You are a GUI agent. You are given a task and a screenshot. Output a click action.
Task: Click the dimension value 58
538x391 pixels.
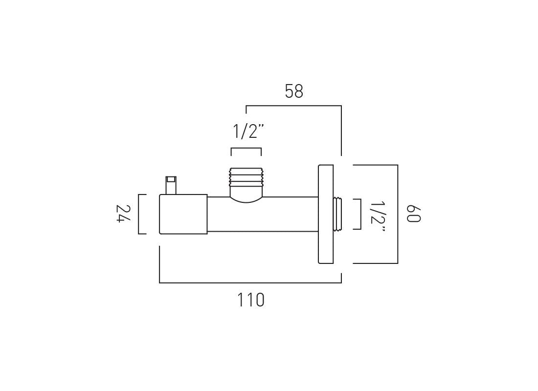tap(294, 91)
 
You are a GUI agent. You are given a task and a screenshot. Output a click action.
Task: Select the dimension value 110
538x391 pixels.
tap(251, 300)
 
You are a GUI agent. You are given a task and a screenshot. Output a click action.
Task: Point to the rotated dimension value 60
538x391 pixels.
tap(414, 214)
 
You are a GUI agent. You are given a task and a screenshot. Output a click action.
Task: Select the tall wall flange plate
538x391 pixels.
tap(326, 214)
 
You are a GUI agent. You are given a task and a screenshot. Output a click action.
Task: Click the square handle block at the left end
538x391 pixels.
tap(183, 214)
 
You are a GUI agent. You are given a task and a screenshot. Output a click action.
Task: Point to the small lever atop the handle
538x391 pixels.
tap(171, 185)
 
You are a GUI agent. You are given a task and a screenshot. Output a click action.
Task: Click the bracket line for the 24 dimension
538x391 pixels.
tap(139, 214)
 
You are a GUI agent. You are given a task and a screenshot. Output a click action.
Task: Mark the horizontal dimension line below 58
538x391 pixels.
tap(293, 106)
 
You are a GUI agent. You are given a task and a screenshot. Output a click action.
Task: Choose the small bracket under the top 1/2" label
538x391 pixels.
tap(246, 148)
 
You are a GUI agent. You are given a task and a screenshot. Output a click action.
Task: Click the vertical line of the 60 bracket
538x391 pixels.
tap(398, 214)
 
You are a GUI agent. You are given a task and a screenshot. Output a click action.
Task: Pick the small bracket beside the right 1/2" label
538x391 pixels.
tap(360, 214)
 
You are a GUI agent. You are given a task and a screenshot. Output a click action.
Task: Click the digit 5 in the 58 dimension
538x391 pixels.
tap(289, 91)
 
